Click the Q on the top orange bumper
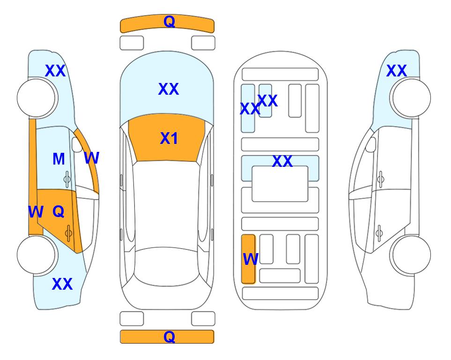[169, 21]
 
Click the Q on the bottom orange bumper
[169, 337]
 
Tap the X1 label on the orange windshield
[169, 138]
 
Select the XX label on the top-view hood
[169, 89]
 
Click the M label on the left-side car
[59, 159]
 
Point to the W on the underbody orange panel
[251, 259]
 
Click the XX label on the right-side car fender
[396, 71]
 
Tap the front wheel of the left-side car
[36, 98]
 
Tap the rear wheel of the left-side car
[36, 255]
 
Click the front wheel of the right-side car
[412, 98]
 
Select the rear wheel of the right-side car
[412, 255]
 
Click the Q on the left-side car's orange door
[59, 212]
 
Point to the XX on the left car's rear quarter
[62, 284]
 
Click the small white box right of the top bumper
[203, 43]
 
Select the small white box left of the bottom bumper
[132, 319]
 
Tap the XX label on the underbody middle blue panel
[282, 161]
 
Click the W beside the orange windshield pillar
[92, 158]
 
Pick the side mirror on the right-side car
[371, 144]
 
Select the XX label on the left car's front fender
[55, 71]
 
